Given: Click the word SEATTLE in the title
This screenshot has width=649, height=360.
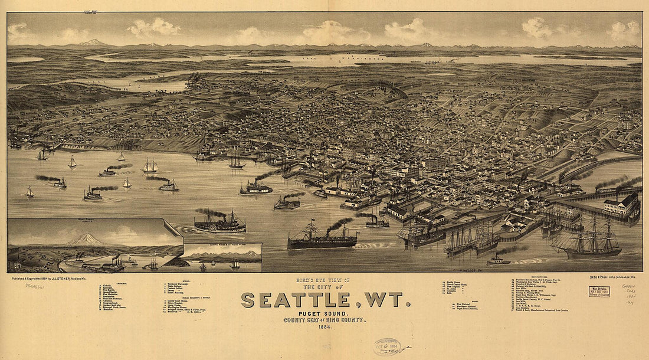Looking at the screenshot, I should [295, 300].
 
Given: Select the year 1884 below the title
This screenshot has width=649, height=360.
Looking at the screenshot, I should [326, 326].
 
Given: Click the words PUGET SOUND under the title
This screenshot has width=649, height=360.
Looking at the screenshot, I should [326, 313].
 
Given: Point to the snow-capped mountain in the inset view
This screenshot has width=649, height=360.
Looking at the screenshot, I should [86, 240].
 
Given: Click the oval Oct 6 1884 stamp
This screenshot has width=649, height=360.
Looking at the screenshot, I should [386, 346].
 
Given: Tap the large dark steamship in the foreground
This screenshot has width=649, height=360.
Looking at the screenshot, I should [322, 239].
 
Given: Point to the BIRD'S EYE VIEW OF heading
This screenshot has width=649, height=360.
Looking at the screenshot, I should [325, 280].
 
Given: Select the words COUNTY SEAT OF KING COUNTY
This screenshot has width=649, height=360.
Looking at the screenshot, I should [326, 320].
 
